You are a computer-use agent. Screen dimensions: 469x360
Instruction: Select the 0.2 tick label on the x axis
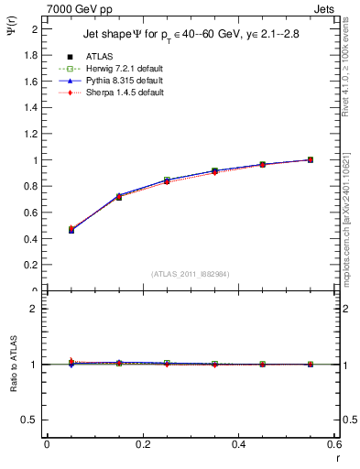[x=142, y=443]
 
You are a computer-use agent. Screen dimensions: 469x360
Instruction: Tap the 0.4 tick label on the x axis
[x=238, y=443]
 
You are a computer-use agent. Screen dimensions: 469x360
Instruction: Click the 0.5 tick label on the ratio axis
[x=29, y=420]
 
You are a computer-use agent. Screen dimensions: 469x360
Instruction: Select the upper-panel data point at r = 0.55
[x=310, y=159]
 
